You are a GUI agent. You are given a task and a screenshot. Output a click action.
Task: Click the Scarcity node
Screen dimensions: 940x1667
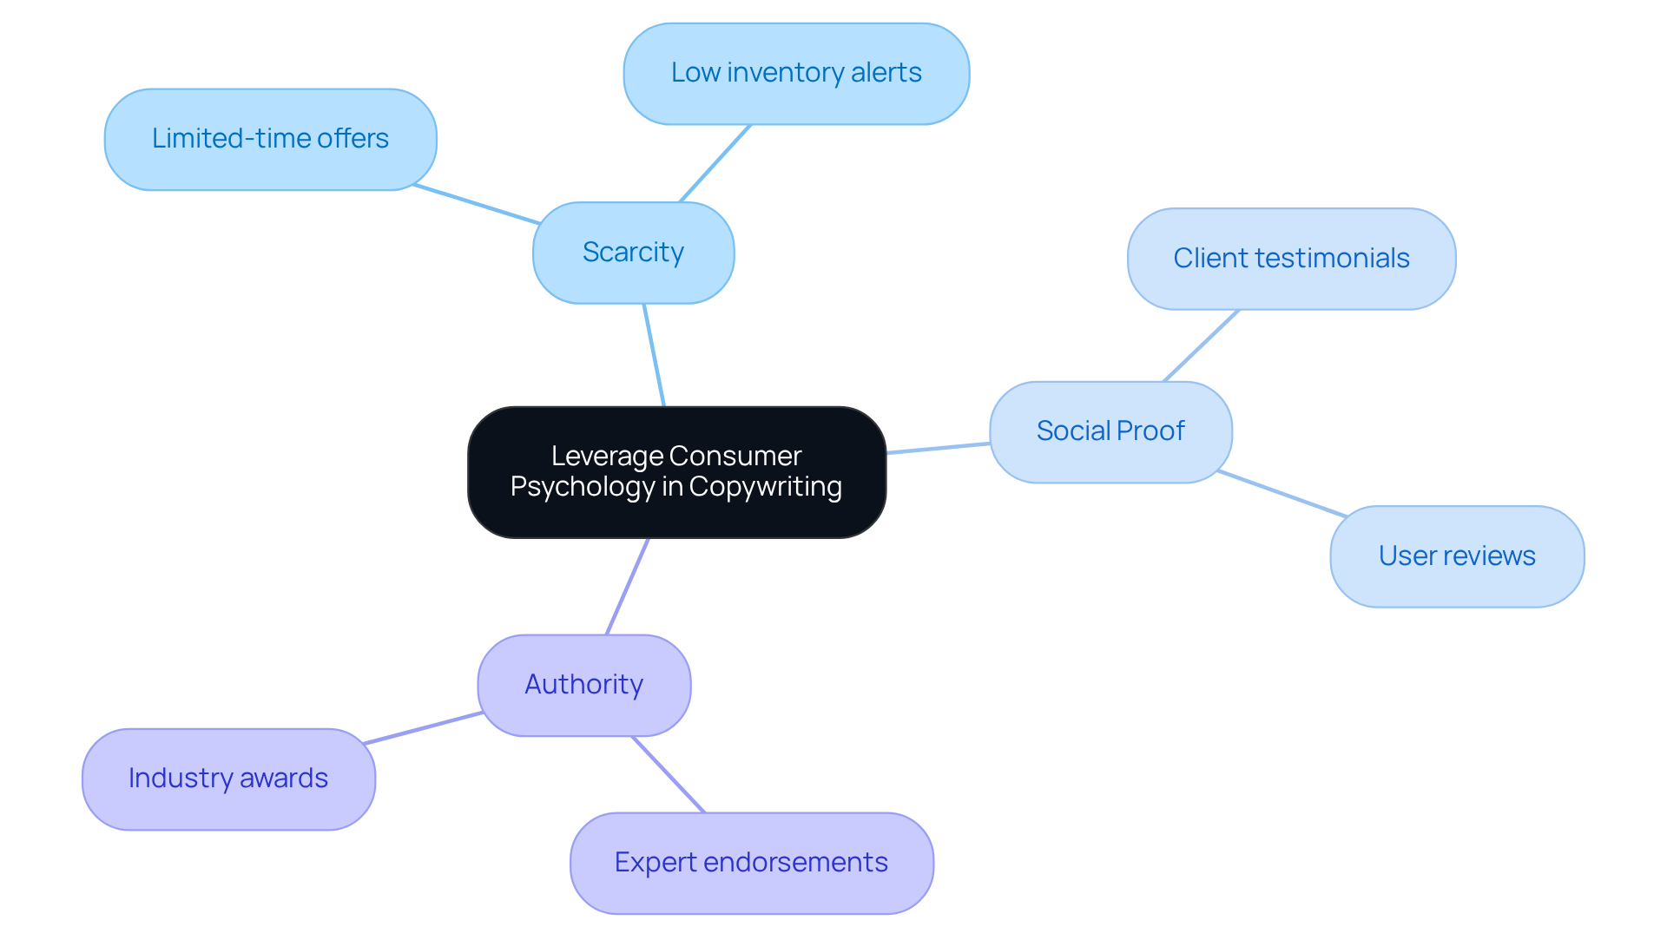click(x=633, y=253)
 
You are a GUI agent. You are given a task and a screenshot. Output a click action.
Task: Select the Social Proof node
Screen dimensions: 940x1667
click(x=1110, y=431)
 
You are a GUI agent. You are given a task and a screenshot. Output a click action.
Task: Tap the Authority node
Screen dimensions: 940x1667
click(x=583, y=685)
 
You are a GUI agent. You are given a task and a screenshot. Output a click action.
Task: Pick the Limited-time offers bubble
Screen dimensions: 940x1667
click(x=270, y=139)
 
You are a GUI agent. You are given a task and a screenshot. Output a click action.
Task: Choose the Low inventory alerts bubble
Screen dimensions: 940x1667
click(x=796, y=73)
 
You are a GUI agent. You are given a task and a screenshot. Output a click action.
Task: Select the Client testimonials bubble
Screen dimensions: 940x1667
click(x=1291, y=259)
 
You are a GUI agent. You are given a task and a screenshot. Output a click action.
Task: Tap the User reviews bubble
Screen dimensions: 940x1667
click(x=1457, y=556)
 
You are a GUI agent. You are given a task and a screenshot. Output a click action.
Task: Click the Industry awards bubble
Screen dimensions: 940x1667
click(x=228, y=779)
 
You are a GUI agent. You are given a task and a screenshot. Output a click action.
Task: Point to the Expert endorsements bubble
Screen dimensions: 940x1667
click(x=751, y=863)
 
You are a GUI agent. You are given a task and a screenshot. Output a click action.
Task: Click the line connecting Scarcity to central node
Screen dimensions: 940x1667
click(x=654, y=355)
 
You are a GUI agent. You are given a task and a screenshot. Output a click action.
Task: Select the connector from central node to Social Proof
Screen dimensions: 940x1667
click(x=938, y=448)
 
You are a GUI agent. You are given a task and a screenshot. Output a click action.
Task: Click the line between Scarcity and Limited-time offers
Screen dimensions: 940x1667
click(x=476, y=204)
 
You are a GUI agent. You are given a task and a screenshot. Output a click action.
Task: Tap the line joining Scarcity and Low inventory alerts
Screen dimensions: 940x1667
click(x=715, y=163)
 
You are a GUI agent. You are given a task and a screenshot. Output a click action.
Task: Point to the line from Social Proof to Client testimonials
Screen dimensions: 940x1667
click(x=1201, y=345)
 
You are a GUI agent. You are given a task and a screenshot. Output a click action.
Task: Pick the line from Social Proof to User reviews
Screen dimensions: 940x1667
click(x=1282, y=494)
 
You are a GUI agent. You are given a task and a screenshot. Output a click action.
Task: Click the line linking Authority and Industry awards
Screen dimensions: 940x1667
click(x=424, y=728)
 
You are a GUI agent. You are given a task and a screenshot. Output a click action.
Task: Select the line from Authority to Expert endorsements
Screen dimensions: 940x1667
click(x=669, y=774)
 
